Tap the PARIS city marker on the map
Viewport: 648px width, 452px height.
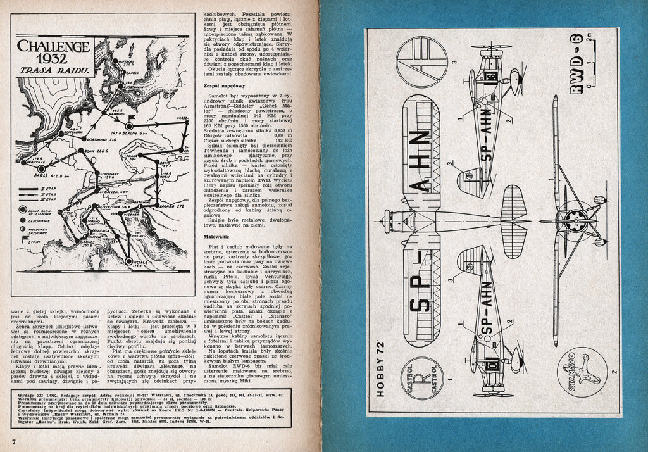pyautogui.click(x=42, y=170)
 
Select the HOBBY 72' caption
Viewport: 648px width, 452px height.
pyautogui.click(x=379, y=363)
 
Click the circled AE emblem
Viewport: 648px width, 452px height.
pyautogui.click(x=421, y=61)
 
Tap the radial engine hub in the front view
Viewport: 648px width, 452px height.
pyautogui.click(x=575, y=220)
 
